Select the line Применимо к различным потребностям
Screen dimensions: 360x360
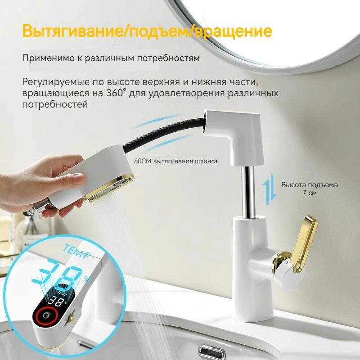[x=111, y=58]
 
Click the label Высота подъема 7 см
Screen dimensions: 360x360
[x=309, y=189]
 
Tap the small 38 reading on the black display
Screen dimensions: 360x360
[x=58, y=301]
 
